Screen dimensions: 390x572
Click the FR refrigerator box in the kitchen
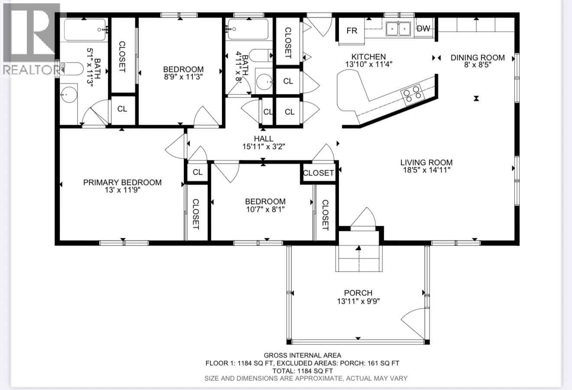(x=352, y=31)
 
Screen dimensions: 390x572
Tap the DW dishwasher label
(x=423, y=29)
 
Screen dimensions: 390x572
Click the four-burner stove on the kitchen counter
(x=412, y=95)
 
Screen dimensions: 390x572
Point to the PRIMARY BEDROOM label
(x=122, y=182)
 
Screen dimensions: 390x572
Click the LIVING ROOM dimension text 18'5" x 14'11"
(x=426, y=170)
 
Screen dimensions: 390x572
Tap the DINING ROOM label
(x=478, y=57)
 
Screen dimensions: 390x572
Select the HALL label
(x=263, y=139)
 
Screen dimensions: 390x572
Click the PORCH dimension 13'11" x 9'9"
(x=358, y=301)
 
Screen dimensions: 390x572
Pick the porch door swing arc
(x=414, y=323)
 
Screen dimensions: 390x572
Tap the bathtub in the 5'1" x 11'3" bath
(x=85, y=29)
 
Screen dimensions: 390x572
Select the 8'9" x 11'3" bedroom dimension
(x=183, y=77)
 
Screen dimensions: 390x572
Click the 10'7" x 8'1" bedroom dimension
(x=265, y=209)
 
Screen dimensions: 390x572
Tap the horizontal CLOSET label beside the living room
(x=318, y=172)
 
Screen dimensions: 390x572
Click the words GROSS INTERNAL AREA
(x=302, y=355)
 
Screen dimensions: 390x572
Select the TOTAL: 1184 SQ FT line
(x=302, y=371)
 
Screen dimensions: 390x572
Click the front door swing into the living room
(x=363, y=217)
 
